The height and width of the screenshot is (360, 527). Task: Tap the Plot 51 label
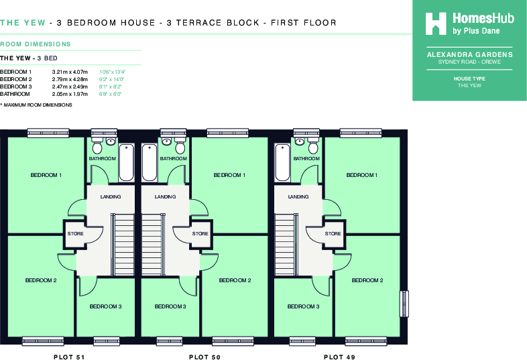(x=70, y=357)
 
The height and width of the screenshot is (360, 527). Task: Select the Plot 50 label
(x=204, y=357)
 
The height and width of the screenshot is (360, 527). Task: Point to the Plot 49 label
(x=339, y=357)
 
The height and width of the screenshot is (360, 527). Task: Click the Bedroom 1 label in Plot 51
(x=46, y=175)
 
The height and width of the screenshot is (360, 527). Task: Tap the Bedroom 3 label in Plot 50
(x=170, y=306)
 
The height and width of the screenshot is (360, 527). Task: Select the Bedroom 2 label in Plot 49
(x=367, y=280)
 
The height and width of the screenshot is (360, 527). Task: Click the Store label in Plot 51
(x=75, y=233)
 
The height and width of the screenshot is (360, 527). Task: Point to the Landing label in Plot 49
(x=298, y=197)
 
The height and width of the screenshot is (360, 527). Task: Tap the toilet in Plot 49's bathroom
(x=298, y=145)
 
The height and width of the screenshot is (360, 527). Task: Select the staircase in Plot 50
(x=152, y=243)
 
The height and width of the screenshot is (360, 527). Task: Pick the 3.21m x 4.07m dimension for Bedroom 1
(x=70, y=72)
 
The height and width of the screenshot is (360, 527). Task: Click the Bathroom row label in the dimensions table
(x=14, y=95)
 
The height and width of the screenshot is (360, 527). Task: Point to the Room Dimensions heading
(x=35, y=44)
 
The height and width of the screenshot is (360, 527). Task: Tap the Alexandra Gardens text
(x=469, y=54)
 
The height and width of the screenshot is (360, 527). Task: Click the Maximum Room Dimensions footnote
(x=36, y=105)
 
